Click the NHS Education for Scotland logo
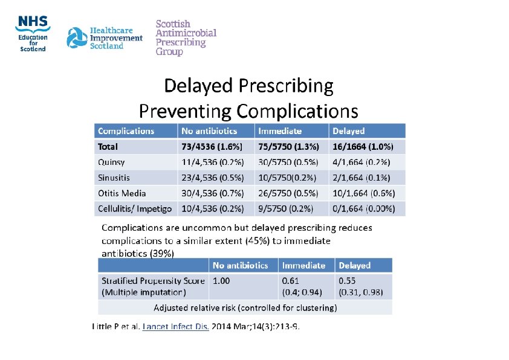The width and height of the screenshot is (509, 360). click(x=33, y=34)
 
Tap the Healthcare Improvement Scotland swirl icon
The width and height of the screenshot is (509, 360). click(x=77, y=38)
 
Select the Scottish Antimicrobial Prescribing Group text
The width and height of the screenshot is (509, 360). click(x=186, y=38)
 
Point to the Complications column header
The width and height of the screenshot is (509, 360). click(x=126, y=131)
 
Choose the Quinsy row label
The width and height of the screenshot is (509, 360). click(x=112, y=162)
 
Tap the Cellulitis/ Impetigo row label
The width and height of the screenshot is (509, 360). click(x=135, y=209)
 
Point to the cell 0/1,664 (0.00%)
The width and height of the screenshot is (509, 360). click(x=364, y=209)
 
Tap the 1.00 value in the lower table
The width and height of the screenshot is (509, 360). click(x=221, y=281)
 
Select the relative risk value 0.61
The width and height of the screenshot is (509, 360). click(x=291, y=281)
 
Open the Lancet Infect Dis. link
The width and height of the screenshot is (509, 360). click(x=175, y=327)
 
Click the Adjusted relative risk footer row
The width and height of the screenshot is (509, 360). click(x=245, y=307)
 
